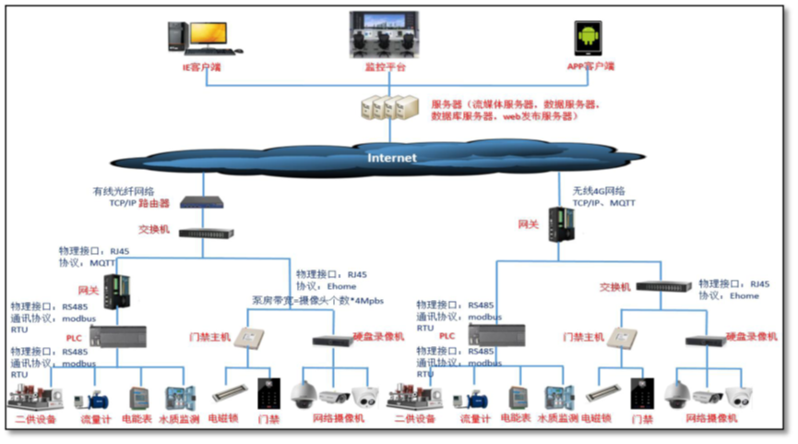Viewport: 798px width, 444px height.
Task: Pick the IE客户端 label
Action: click(201, 67)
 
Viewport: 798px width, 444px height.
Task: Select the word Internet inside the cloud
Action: click(392, 158)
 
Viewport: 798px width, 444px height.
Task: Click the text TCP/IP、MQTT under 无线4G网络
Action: click(603, 202)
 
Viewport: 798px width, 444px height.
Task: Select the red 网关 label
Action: click(88, 289)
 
